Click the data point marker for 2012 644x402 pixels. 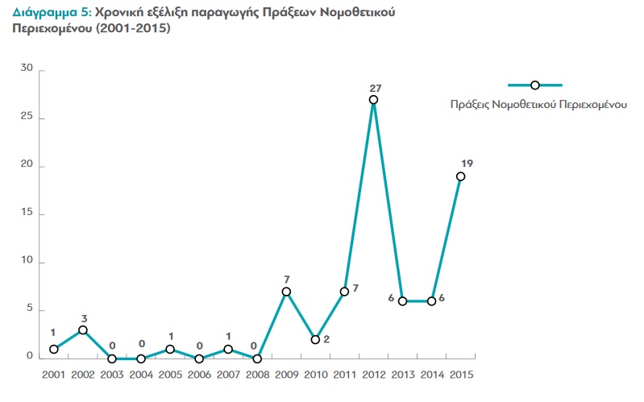(373, 100)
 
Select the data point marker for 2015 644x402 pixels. (460, 176)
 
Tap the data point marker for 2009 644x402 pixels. (286, 292)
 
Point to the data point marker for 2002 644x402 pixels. (83, 330)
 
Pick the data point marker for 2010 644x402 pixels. (315, 340)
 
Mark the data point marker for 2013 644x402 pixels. (402, 301)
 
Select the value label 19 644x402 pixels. (467, 164)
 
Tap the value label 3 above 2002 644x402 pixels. (83, 317)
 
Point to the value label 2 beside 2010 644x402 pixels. (326, 340)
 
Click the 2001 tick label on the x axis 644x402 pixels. (54, 375)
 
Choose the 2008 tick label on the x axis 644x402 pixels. (257, 375)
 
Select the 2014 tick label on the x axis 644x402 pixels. (431, 375)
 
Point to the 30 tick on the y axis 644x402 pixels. (27, 69)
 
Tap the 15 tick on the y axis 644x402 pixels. (27, 213)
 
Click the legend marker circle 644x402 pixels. (534, 85)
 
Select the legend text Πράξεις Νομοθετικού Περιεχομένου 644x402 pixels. (538, 105)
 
